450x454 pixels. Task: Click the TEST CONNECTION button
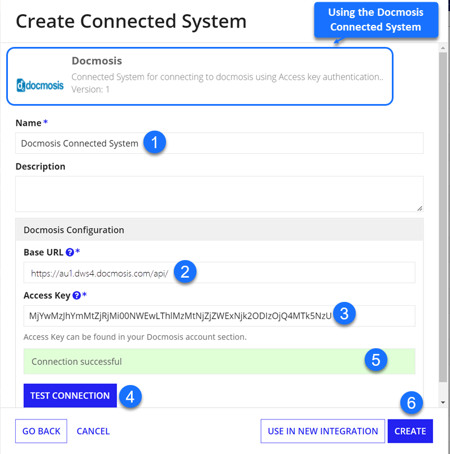(70, 395)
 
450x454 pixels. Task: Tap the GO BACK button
(41, 431)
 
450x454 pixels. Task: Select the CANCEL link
(93, 431)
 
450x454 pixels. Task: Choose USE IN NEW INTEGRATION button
(323, 431)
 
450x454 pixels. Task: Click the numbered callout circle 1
(155, 142)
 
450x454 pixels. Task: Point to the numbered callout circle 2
(185, 271)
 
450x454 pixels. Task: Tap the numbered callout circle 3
(344, 314)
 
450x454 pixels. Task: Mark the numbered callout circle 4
(130, 396)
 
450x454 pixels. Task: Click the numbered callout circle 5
(375, 360)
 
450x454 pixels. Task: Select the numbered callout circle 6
(411, 403)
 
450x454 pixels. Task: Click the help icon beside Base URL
(69, 253)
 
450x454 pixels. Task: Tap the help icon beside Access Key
(77, 295)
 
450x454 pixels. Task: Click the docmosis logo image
(40, 85)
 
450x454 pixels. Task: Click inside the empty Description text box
(219, 194)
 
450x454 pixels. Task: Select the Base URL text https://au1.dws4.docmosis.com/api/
(99, 273)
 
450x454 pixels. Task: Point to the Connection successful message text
(77, 361)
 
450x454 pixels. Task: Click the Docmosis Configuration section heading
(74, 230)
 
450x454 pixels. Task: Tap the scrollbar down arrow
(443, 402)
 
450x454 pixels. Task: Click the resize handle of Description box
(420, 209)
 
